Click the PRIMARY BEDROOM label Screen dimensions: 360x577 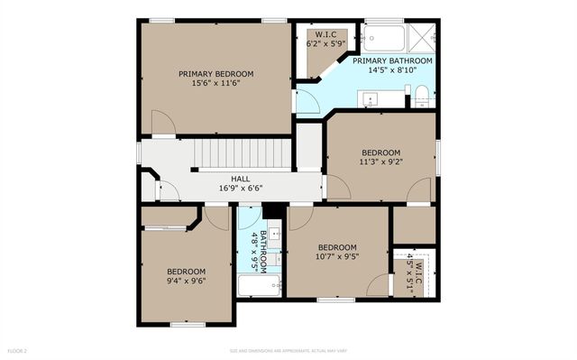click(x=215, y=73)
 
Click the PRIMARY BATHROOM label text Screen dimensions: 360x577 click(x=391, y=60)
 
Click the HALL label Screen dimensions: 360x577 click(x=240, y=179)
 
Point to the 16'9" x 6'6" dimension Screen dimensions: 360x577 click(x=240, y=189)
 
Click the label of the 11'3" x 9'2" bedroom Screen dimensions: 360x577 click(x=380, y=152)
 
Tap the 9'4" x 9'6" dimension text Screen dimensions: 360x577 click(x=186, y=280)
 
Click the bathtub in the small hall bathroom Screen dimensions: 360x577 click(x=260, y=287)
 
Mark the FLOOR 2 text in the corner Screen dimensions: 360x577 click(x=18, y=350)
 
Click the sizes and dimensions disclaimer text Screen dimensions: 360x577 click(x=288, y=350)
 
